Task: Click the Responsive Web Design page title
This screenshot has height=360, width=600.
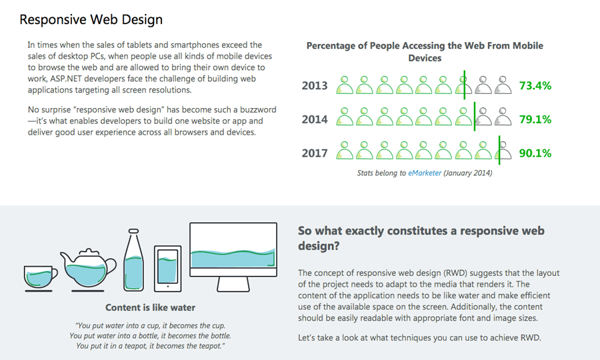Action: (x=91, y=19)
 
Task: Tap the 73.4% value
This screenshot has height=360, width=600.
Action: (x=535, y=85)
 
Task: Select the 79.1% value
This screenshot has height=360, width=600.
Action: (x=535, y=119)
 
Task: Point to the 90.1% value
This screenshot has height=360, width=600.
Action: (x=535, y=153)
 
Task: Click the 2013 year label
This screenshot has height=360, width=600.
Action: (x=315, y=85)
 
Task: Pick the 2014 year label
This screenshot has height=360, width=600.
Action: (x=315, y=119)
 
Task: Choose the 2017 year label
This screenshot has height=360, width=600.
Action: (x=315, y=153)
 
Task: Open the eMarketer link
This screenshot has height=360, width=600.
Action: (x=425, y=173)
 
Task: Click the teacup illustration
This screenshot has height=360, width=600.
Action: (x=40, y=277)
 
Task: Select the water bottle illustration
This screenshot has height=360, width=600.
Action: (x=135, y=261)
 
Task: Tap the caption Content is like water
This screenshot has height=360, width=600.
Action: (x=151, y=308)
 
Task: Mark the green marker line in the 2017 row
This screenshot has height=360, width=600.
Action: (x=499, y=150)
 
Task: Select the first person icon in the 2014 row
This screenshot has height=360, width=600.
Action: (x=345, y=117)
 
